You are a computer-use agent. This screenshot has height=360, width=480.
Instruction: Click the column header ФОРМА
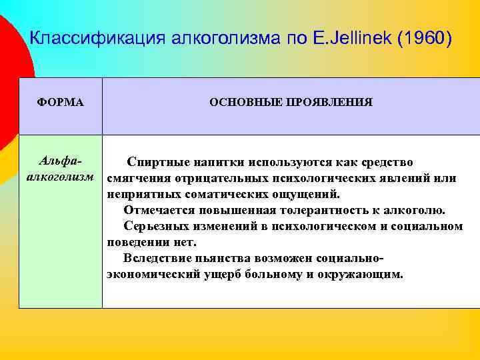coord(60,103)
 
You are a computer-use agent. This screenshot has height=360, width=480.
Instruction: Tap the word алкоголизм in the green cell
coord(60,178)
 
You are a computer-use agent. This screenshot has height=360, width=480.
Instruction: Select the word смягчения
coord(137,179)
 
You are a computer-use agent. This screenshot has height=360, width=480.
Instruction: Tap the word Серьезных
coord(155,227)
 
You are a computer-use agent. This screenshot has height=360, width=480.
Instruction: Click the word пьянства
coord(217,259)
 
